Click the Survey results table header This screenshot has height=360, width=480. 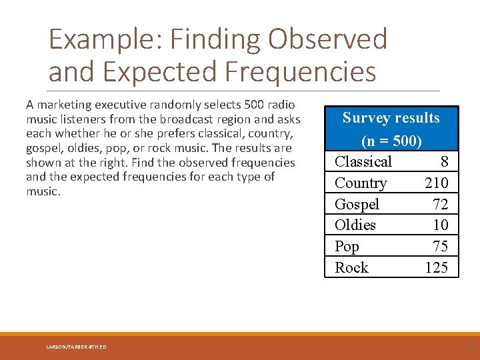[x=391, y=118]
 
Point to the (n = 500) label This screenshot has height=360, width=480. [x=391, y=141]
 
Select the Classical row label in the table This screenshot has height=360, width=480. [x=363, y=161]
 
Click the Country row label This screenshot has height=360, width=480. [x=361, y=183]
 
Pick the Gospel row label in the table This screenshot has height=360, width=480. [x=357, y=204]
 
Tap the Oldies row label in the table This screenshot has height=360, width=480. [x=355, y=225]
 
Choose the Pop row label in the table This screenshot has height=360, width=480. [x=347, y=246]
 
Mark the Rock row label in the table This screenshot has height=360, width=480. [x=351, y=267]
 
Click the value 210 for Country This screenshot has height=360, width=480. [x=437, y=183]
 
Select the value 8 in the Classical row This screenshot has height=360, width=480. [x=444, y=161]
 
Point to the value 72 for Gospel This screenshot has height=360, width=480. [x=440, y=204]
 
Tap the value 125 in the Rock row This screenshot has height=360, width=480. [x=437, y=267]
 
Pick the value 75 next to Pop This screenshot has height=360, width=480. [x=440, y=246]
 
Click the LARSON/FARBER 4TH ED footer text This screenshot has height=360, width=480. [x=75, y=346]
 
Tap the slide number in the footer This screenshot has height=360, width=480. [x=471, y=346]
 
